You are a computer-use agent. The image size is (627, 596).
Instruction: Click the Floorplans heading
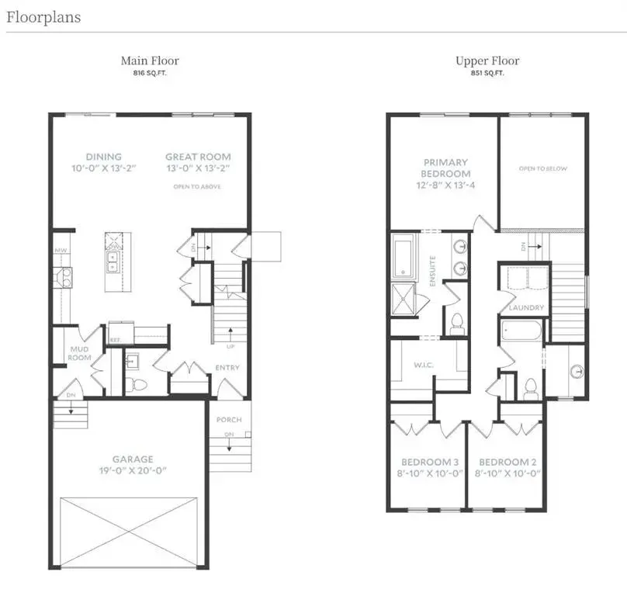pos(43,16)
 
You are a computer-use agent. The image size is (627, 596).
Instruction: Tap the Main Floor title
pos(150,61)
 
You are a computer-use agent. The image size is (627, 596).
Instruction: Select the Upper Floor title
pos(487,61)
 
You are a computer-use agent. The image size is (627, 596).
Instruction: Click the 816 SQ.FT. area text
pos(150,73)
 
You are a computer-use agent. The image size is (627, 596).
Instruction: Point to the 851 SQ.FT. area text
pos(487,73)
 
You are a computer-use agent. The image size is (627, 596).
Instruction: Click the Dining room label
pos(103,157)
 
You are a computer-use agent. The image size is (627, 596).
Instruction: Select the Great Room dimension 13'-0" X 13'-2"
pos(198,168)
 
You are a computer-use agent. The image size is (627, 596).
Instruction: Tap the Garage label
pos(131,459)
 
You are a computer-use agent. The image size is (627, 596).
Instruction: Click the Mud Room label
pos(80,353)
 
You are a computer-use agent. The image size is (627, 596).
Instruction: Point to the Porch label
pos(229,420)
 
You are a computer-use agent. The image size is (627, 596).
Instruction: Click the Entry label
pos(228,368)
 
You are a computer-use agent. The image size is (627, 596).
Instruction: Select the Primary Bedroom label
pos(445,168)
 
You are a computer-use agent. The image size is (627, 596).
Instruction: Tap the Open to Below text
pos(543,168)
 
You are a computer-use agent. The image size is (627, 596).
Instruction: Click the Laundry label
pos(526,308)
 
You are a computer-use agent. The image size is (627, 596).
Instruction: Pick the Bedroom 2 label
pos(507,463)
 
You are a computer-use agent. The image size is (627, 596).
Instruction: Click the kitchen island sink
pos(113,262)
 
